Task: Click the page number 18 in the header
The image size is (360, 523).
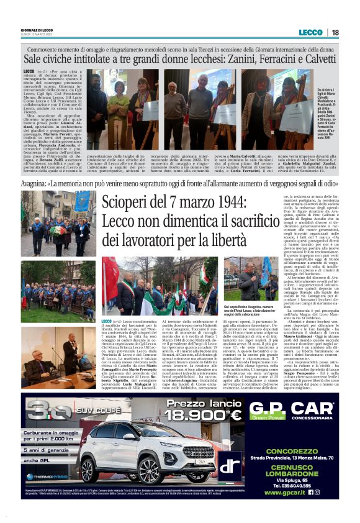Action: click(335, 32)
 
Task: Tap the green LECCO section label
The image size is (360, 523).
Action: click(310, 32)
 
